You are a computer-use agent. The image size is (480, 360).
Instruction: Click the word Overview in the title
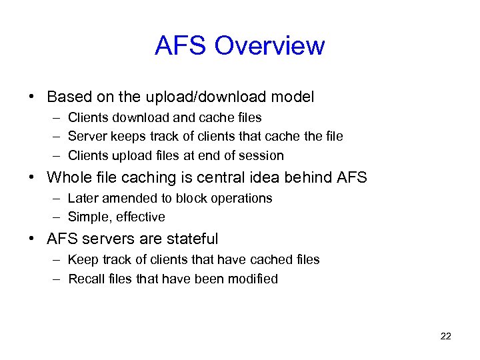(270, 46)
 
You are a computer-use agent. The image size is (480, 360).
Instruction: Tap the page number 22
(446, 336)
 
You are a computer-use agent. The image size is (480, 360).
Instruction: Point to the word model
(293, 97)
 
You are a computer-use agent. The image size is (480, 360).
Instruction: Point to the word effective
(141, 217)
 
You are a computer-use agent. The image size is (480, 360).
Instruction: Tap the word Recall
(85, 279)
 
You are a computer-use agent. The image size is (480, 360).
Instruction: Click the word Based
(67, 97)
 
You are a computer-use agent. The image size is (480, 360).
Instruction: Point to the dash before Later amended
(54, 199)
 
